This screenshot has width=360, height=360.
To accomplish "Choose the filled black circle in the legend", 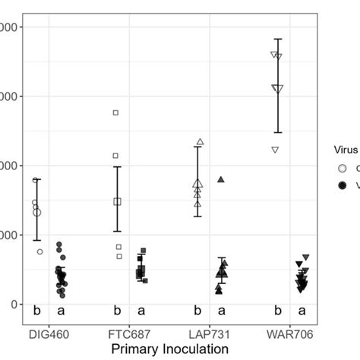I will (x=343, y=185).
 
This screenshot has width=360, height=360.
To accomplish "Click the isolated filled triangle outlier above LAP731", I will (x=221, y=179).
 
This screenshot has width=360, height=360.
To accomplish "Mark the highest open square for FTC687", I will (x=116, y=112).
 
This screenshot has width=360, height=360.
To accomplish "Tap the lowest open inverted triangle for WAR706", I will (x=275, y=150).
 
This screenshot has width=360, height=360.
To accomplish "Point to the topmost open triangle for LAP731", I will (x=201, y=142).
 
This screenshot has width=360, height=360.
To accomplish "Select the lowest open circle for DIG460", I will (x=40, y=251).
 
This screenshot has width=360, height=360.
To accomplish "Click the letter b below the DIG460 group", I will (x=36, y=310).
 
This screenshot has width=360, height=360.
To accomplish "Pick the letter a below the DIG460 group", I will (x=61, y=310).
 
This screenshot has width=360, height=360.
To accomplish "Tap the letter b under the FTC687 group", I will (x=117, y=310).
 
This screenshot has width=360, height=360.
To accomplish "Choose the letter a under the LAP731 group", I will (x=222, y=310).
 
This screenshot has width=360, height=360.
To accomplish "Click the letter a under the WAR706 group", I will (x=302, y=310).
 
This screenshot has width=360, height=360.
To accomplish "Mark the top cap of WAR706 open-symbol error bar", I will (x=278, y=39).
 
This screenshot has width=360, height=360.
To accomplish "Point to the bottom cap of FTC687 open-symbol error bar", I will (x=117, y=231).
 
